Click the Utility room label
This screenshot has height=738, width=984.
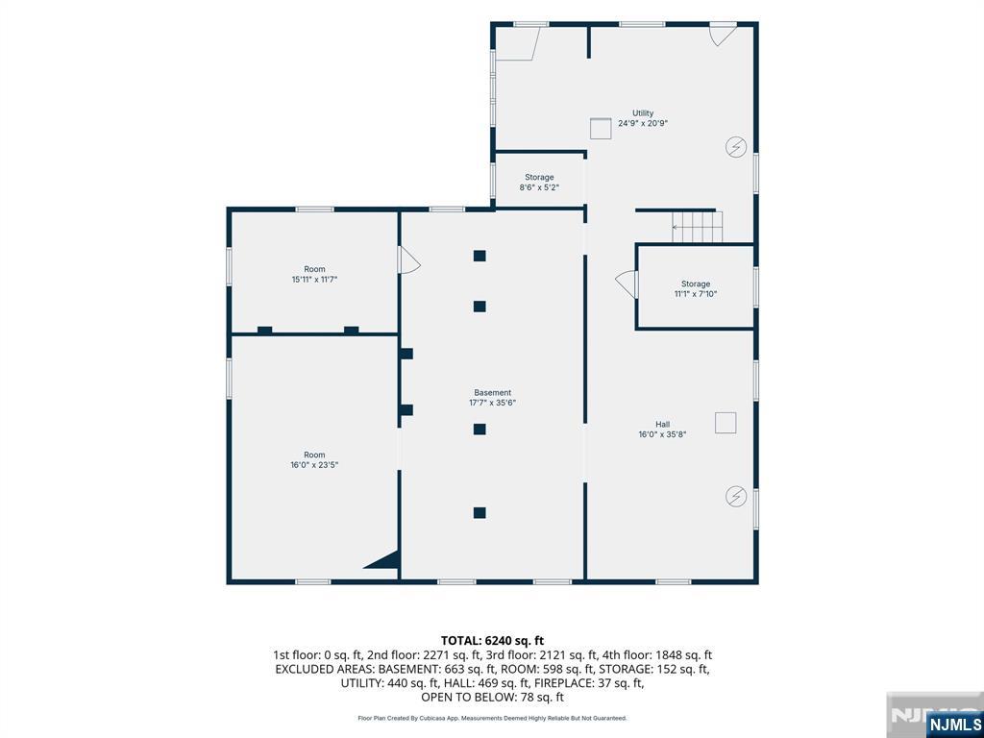(643, 113)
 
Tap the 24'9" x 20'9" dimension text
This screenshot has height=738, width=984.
(643, 124)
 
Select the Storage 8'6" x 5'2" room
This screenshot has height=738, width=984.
(539, 182)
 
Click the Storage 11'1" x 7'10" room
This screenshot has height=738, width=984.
(696, 288)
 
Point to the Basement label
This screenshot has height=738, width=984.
(493, 393)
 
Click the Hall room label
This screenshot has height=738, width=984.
(663, 424)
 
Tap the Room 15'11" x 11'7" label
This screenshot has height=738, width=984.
(314, 274)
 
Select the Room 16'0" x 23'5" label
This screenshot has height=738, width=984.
(314, 460)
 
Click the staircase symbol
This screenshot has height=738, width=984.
(698, 227)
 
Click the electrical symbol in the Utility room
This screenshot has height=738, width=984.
(735, 147)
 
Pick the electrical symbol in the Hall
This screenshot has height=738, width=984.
(735, 497)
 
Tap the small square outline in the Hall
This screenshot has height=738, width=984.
(726, 423)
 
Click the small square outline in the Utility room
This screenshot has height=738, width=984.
(600, 128)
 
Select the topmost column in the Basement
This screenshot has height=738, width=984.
(480, 256)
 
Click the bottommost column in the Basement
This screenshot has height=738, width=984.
(480, 513)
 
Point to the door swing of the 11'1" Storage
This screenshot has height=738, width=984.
(627, 284)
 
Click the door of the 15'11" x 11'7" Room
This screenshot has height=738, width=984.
(409, 259)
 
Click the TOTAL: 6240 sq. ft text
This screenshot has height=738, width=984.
(492, 641)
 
